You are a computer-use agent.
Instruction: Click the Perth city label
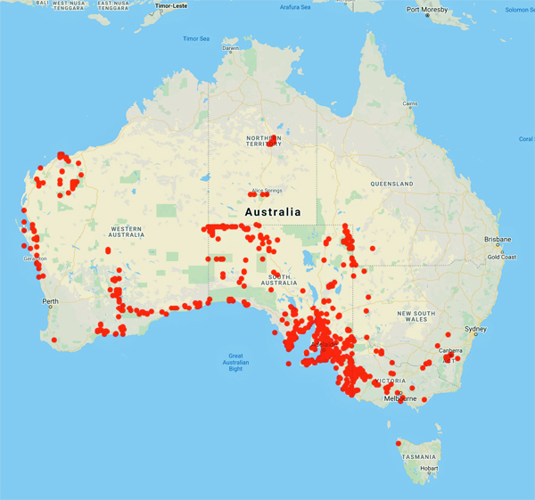[x=50, y=301]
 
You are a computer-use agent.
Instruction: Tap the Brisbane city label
[x=498, y=240]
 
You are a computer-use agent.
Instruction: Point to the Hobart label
[x=430, y=469]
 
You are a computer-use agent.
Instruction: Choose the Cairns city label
[x=409, y=104]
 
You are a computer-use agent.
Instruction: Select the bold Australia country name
[x=273, y=212]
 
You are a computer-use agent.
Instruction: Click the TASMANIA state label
[x=418, y=456]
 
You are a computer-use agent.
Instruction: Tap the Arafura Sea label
[x=294, y=7]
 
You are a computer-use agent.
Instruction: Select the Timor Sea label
[x=195, y=39]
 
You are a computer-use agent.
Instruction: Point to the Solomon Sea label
[x=519, y=10]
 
